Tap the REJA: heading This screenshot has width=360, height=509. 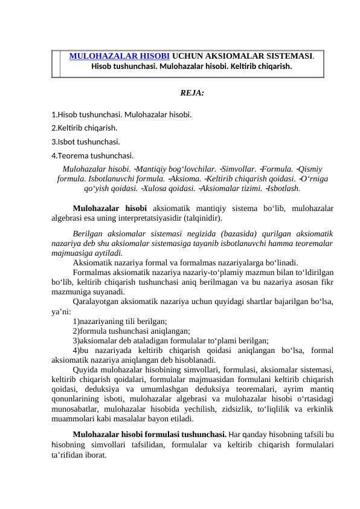192,93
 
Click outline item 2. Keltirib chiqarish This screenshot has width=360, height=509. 85,128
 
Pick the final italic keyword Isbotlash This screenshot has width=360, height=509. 284,189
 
